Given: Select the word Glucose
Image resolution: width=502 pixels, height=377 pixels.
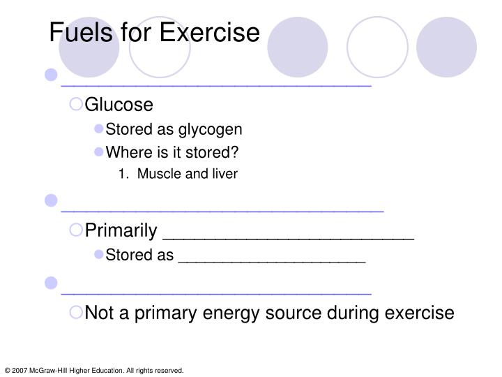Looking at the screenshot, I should pos(119,105).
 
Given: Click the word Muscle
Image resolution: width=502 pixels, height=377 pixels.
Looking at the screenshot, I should pos(158,174).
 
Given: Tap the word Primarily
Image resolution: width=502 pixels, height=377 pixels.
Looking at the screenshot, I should pos(120,231).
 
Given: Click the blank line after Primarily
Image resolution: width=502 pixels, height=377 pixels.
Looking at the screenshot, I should pos(287,236).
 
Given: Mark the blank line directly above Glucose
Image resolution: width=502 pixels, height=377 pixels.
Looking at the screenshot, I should pos(216,83).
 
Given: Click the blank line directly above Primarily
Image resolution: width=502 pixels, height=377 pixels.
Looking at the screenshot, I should pos(222,208).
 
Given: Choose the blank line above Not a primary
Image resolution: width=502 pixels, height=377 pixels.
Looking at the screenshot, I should pos(216,292).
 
